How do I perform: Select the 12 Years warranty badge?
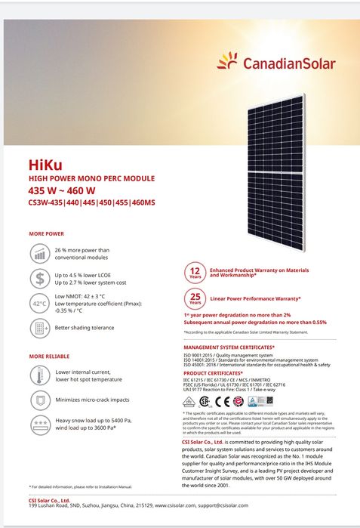(x=195, y=272)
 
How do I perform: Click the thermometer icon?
(x=38, y=375)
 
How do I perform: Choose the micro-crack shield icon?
(x=38, y=400)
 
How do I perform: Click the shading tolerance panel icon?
(x=38, y=329)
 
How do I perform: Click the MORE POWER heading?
(x=46, y=234)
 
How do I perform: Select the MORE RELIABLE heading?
(x=49, y=356)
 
